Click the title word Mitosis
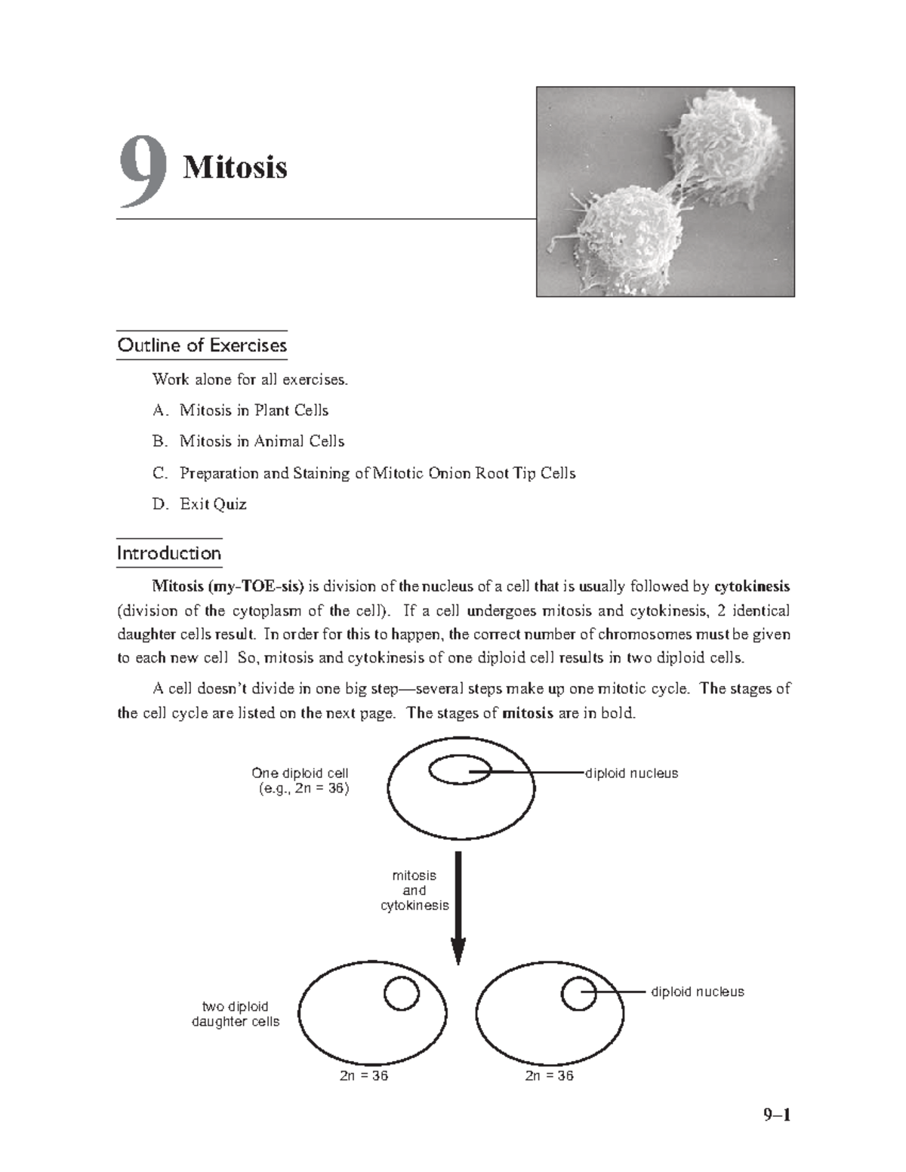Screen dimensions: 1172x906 (235, 167)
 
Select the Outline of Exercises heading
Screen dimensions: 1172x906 (202, 346)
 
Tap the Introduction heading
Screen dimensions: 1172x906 (168, 553)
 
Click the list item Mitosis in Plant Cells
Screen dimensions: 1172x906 (254, 411)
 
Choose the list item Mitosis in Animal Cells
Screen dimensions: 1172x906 (261, 441)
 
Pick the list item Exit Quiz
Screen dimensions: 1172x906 (213, 504)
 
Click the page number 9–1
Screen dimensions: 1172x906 (775, 1115)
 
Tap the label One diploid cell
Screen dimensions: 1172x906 (300, 774)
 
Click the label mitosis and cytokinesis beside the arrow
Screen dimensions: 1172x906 (414, 891)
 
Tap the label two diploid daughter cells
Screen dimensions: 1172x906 (235, 1014)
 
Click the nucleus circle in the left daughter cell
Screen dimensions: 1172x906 (401, 993)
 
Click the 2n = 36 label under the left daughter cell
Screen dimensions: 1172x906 (364, 1076)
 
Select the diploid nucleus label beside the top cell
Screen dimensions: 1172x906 (632, 774)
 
